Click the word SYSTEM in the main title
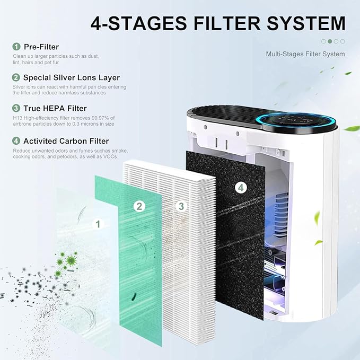(x=306, y=23)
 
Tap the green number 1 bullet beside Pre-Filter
(x=16, y=47)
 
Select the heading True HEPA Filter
(x=55, y=108)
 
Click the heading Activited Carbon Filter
(x=66, y=141)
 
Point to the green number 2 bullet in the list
(x=16, y=77)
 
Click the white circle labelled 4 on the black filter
(x=241, y=188)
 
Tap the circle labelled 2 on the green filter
(x=139, y=206)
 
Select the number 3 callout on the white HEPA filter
(x=181, y=206)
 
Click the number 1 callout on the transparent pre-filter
(x=98, y=224)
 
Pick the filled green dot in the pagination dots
(x=330, y=41)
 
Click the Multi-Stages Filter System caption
(x=305, y=54)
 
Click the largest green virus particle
(x=71, y=260)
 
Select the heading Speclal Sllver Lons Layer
(x=72, y=77)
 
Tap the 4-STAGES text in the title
(x=139, y=23)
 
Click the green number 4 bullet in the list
(x=16, y=141)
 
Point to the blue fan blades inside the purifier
(x=281, y=214)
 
